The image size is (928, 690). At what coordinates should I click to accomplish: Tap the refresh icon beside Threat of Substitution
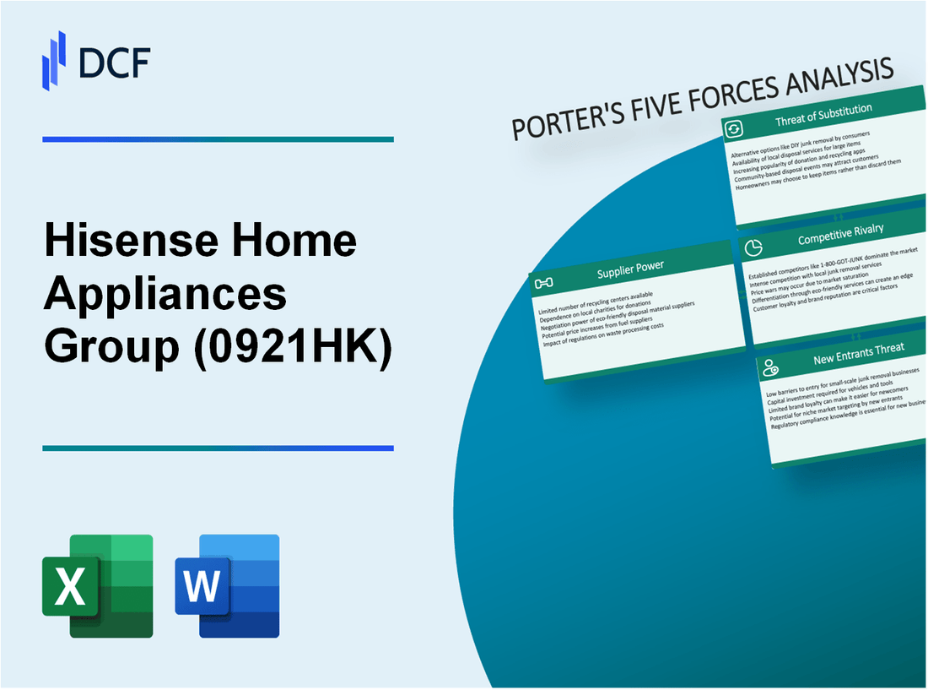tap(733, 129)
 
